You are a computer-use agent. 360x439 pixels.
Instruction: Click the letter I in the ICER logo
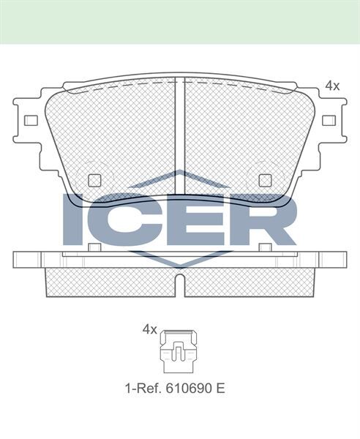tap(75, 219)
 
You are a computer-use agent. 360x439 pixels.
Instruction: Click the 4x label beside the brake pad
tap(332, 86)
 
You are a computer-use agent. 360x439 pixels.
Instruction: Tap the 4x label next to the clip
tap(149, 330)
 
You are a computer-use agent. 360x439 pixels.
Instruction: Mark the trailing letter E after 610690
tap(220, 388)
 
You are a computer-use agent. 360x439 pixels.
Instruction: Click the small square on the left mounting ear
tap(31, 120)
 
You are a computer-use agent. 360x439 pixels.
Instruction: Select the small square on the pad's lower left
tap(94, 180)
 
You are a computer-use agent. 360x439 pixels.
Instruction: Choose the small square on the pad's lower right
tap(264, 180)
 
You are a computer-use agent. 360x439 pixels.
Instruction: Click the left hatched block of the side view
tap(110, 282)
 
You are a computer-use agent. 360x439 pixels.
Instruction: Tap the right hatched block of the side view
tap(249, 282)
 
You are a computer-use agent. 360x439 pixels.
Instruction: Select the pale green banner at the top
tap(180, 21)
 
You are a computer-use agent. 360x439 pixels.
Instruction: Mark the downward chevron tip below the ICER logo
tap(179, 262)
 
